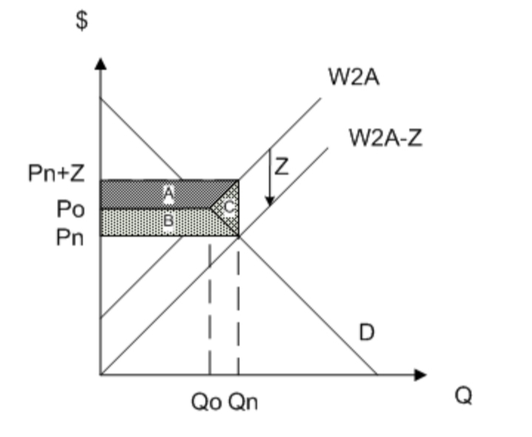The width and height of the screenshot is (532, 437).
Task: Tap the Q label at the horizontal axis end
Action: (x=463, y=396)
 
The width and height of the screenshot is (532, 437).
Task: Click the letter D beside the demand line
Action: (x=366, y=334)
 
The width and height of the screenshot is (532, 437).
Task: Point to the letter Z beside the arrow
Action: (x=282, y=167)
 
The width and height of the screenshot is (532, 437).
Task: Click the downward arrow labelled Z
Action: (x=270, y=177)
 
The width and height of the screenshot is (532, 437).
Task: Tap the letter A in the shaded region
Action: (x=169, y=193)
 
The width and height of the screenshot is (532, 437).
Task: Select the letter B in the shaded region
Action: (x=169, y=221)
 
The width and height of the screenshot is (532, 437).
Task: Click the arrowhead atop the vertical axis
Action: (x=100, y=65)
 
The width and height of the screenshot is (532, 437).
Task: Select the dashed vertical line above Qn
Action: (x=238, y=310)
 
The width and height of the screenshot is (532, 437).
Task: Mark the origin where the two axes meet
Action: (x=100, y=375)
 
